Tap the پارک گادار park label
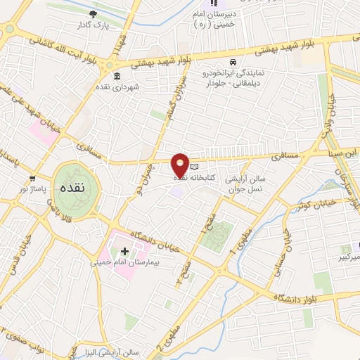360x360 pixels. tap(93, 24)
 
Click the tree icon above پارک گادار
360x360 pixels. tap(93, 13)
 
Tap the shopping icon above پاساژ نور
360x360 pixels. tap(32, 179)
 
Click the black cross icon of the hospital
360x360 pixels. tap(125, 251)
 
